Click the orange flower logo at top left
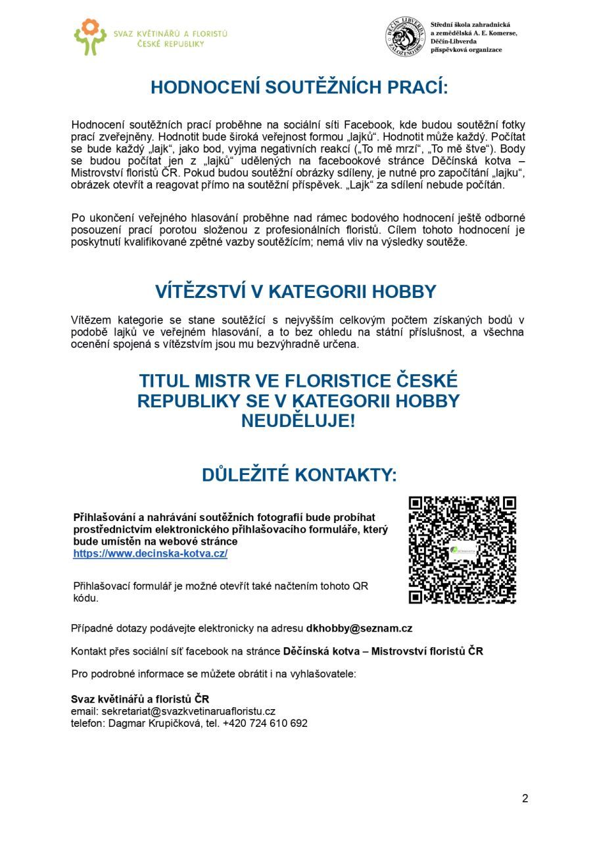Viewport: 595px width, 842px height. pyautogui.click(x=90, y=36)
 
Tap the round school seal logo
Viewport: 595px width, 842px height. pyautogui.click(x=405, y=37)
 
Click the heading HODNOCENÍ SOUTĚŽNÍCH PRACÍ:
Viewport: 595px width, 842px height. pyautogui.click(x=298, y=87)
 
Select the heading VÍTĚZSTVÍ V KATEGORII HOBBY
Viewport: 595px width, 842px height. pyautogui.click(x=296, y=291)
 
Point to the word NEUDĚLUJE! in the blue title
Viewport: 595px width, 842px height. pyautogui.click(x=298, y=421)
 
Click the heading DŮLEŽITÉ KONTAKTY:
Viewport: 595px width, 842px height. pyautogui.click(x=299, y=475)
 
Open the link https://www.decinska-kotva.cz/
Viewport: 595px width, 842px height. pyautogui.click(x=151, y=554)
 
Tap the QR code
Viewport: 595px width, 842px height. pyautogui.click(x=462, y=550)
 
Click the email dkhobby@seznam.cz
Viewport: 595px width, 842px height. pyautogui.click(x=359, y=628)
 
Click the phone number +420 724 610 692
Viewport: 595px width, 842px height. pyautogui.click(x=265, y=723)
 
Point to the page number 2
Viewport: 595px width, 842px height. pyautogui.click(x=525, y=799)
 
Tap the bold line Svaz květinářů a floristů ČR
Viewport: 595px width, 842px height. pyautogui.click(x=140, y=699)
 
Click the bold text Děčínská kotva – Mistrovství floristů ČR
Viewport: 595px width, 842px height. pyautogui.click(x=383, y=652)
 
